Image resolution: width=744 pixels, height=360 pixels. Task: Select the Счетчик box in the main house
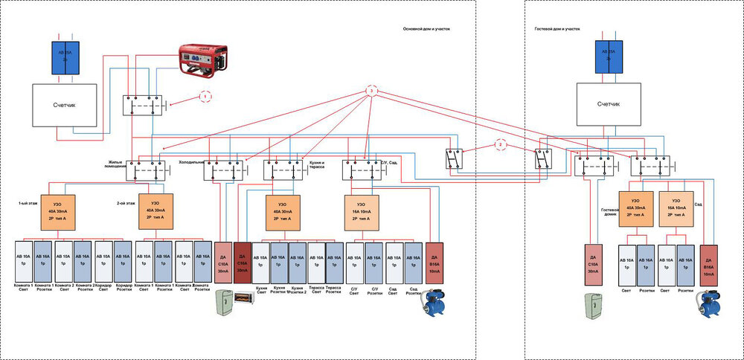(x=65, y=105)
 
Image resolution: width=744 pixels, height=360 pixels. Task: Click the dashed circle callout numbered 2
(x=500, y=144)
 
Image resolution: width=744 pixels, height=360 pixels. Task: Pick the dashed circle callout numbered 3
(x=372, y=91)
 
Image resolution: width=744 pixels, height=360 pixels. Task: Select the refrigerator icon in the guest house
(x=594, y=303)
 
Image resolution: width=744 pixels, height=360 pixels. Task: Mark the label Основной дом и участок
(x=426, y=30)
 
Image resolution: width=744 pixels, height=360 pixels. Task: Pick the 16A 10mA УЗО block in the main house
(x=360, y=211)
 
